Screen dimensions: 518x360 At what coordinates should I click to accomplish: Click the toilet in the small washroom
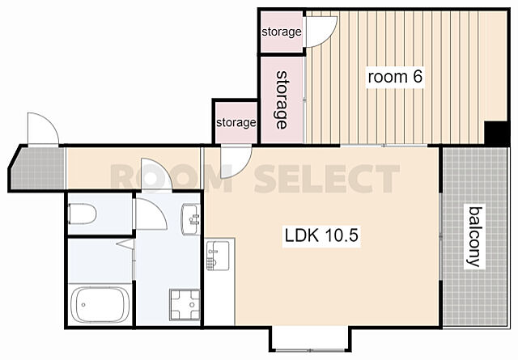[x=83, y=214]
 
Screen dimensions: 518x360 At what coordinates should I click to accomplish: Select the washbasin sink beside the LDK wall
[x=191, y=219]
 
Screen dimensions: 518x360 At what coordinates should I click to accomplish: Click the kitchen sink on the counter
[x=218, y=256]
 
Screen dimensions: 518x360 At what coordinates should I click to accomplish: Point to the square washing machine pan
[x=185, y=304]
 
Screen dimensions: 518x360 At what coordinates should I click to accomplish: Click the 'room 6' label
[x=395, y=77]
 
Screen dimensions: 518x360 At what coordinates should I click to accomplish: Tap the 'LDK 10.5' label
[x=321, y=235]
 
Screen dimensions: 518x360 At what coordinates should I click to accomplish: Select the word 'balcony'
[x=475, y=237]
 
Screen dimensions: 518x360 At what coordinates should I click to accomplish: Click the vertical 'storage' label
[x=282, y=100]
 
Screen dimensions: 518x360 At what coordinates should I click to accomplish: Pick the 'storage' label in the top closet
[x=282, y=32]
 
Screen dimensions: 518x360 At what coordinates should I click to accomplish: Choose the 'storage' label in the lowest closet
[x=236, y=122]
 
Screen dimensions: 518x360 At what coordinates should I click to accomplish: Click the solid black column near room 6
[x=496, y=133]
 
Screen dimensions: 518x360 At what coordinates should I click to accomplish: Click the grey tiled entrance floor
[x=38, y=168]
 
